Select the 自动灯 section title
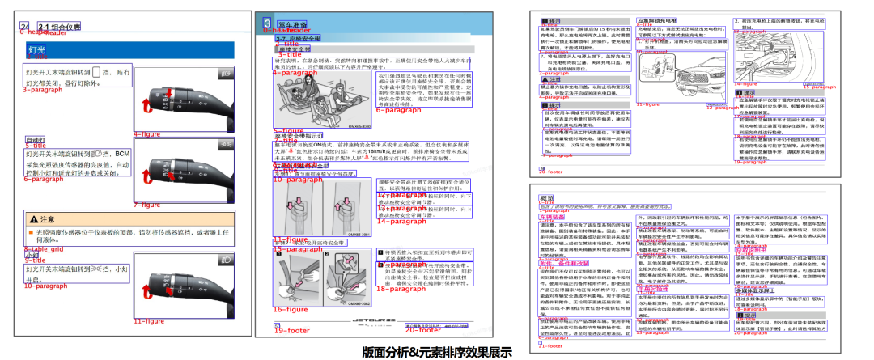pos(35,139)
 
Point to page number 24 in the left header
pos(25,27)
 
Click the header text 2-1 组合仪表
pos(59,27)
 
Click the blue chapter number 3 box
pos(267,23)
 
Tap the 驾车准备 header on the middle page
pos(292,24)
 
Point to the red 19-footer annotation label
pos(291,331)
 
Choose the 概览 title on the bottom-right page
pos(546,198)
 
